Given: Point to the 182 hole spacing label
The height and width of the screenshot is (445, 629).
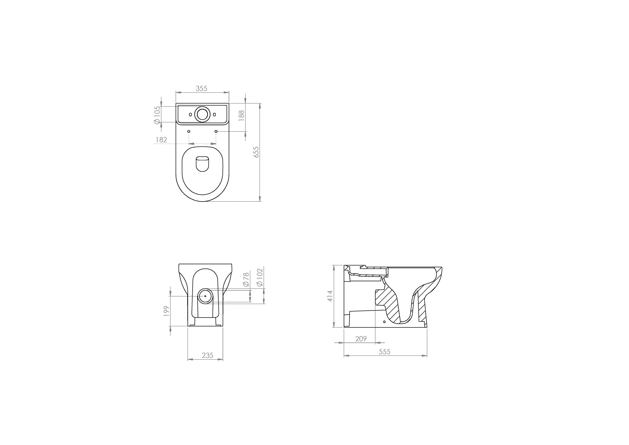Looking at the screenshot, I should (x=161, y=140).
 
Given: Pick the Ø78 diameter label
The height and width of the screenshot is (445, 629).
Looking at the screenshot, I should (x=246, y=279).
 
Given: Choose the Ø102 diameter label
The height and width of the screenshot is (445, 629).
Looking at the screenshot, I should (x=260, y=278).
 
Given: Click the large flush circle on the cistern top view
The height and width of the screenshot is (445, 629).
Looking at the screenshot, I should (x=202, y=115).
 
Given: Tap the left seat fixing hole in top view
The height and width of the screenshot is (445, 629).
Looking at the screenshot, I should (x=189, y=132).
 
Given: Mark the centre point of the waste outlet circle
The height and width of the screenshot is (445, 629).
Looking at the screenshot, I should (x=205, y=296).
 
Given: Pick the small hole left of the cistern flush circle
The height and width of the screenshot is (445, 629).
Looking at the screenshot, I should (x=190, y=114).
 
